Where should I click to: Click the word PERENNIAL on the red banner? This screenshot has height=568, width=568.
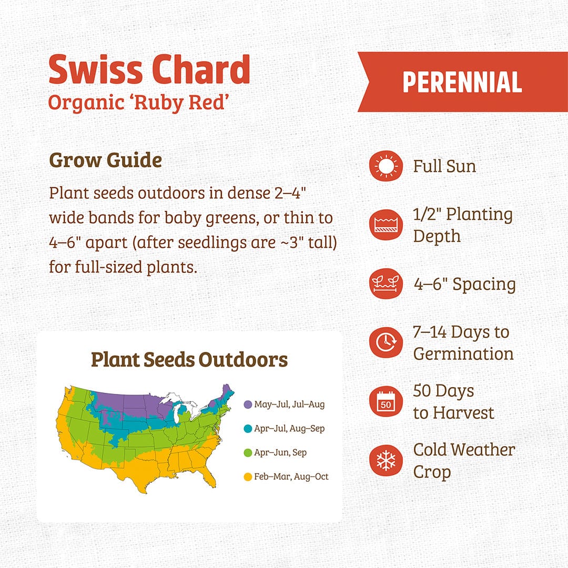pos(462,82)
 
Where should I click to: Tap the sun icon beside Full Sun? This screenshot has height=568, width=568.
pos(386,166)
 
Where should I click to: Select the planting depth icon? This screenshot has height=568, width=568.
pos(386,225)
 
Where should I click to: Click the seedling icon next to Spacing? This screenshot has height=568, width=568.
pos(386,284)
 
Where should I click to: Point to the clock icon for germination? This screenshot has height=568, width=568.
pos(386,343)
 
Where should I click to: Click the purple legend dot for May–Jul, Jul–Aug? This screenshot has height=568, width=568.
pos(248,404)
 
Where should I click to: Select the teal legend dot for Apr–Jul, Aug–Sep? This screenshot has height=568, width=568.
pos(248,429)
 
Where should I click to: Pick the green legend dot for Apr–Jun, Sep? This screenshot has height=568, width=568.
pos(248,453)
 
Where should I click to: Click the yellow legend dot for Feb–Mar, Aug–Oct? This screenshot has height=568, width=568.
pos(248,477)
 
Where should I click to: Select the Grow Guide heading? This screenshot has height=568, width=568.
pos(105,160)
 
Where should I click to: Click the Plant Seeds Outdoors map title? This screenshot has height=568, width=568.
pos(189,360)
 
